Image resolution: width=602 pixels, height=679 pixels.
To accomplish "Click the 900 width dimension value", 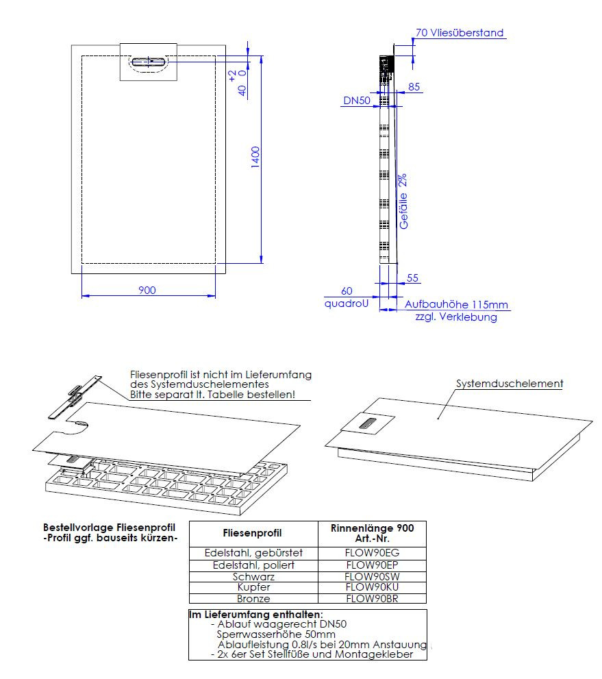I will pos(147,290).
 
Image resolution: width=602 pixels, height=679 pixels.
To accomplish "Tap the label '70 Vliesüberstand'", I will pos(459,33).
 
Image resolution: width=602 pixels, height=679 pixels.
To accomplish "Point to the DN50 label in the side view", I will pos(357,101).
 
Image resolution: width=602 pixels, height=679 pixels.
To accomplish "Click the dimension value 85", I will pos(414,87).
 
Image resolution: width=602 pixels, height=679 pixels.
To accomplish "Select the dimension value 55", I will pos(412,278).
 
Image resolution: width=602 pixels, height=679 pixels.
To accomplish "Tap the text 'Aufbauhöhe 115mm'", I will pos(457,305).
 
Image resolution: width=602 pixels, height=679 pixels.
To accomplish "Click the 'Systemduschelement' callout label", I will pos(510,384).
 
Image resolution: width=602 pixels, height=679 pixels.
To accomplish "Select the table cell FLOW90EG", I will pos(373,553).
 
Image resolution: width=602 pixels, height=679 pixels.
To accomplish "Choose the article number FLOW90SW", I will pos(373,576).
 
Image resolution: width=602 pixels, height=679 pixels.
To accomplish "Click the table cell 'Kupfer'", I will pos(253,587).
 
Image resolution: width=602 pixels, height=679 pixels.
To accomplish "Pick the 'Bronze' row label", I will pos(253,598).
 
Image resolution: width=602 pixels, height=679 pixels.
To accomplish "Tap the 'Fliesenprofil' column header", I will pos(253,533).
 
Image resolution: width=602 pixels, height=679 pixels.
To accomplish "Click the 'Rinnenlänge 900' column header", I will pos(373,528).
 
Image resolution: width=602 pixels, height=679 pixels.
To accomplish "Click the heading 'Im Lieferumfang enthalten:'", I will pos(255,615).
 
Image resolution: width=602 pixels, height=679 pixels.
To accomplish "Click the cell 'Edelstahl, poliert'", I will pos(253,565).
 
